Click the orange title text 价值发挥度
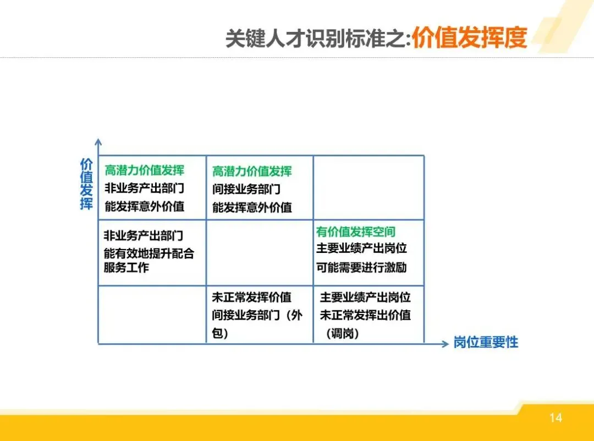(x=469, y=38)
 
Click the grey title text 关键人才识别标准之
(x=316, y=39)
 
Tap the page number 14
(x=555, y=418)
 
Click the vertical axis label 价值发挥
(x=86, y=184)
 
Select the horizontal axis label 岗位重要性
(x=486, y=343)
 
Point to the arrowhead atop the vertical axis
(x=98, y=142)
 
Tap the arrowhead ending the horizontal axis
(x=446, y=344)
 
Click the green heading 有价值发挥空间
(x=355, y=232)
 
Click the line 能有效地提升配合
(x=148, y=253)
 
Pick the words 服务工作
(x=126, y=268)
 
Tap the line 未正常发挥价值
(x=251, y=298)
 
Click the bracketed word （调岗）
(x=342, y=333)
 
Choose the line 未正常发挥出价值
(x=365, y=315)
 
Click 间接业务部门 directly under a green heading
(x=246, y=189)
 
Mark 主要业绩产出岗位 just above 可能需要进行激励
(x=361, y=249)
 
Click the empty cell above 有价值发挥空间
(x=369, y=187)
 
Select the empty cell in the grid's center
(x=260, y=252)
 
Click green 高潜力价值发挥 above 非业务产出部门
(x=144, y=170)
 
